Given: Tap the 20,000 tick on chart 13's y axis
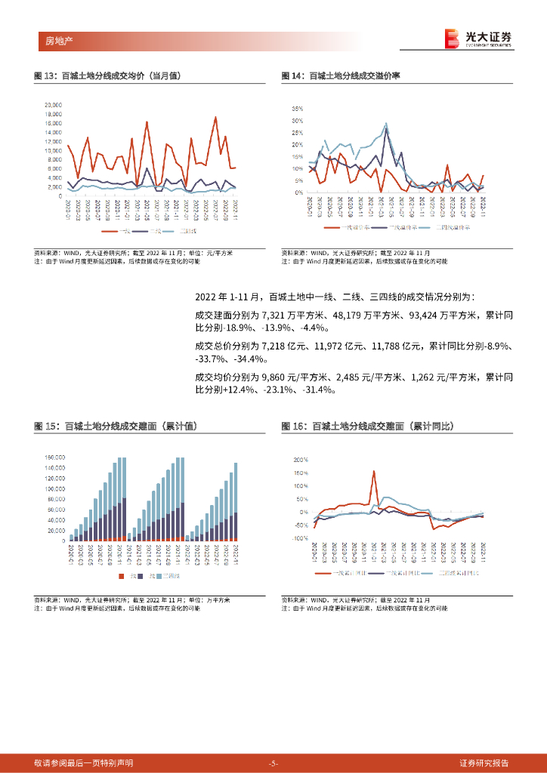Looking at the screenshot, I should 52,105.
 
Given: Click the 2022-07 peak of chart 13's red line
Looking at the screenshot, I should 216,117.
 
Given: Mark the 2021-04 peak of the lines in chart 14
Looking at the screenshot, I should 386,125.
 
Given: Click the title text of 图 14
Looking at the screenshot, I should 341,76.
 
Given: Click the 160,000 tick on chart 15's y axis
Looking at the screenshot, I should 55,457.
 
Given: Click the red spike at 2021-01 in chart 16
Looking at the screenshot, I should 374,473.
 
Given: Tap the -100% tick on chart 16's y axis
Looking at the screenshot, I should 300,538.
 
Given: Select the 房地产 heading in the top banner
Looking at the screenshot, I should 50,39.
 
